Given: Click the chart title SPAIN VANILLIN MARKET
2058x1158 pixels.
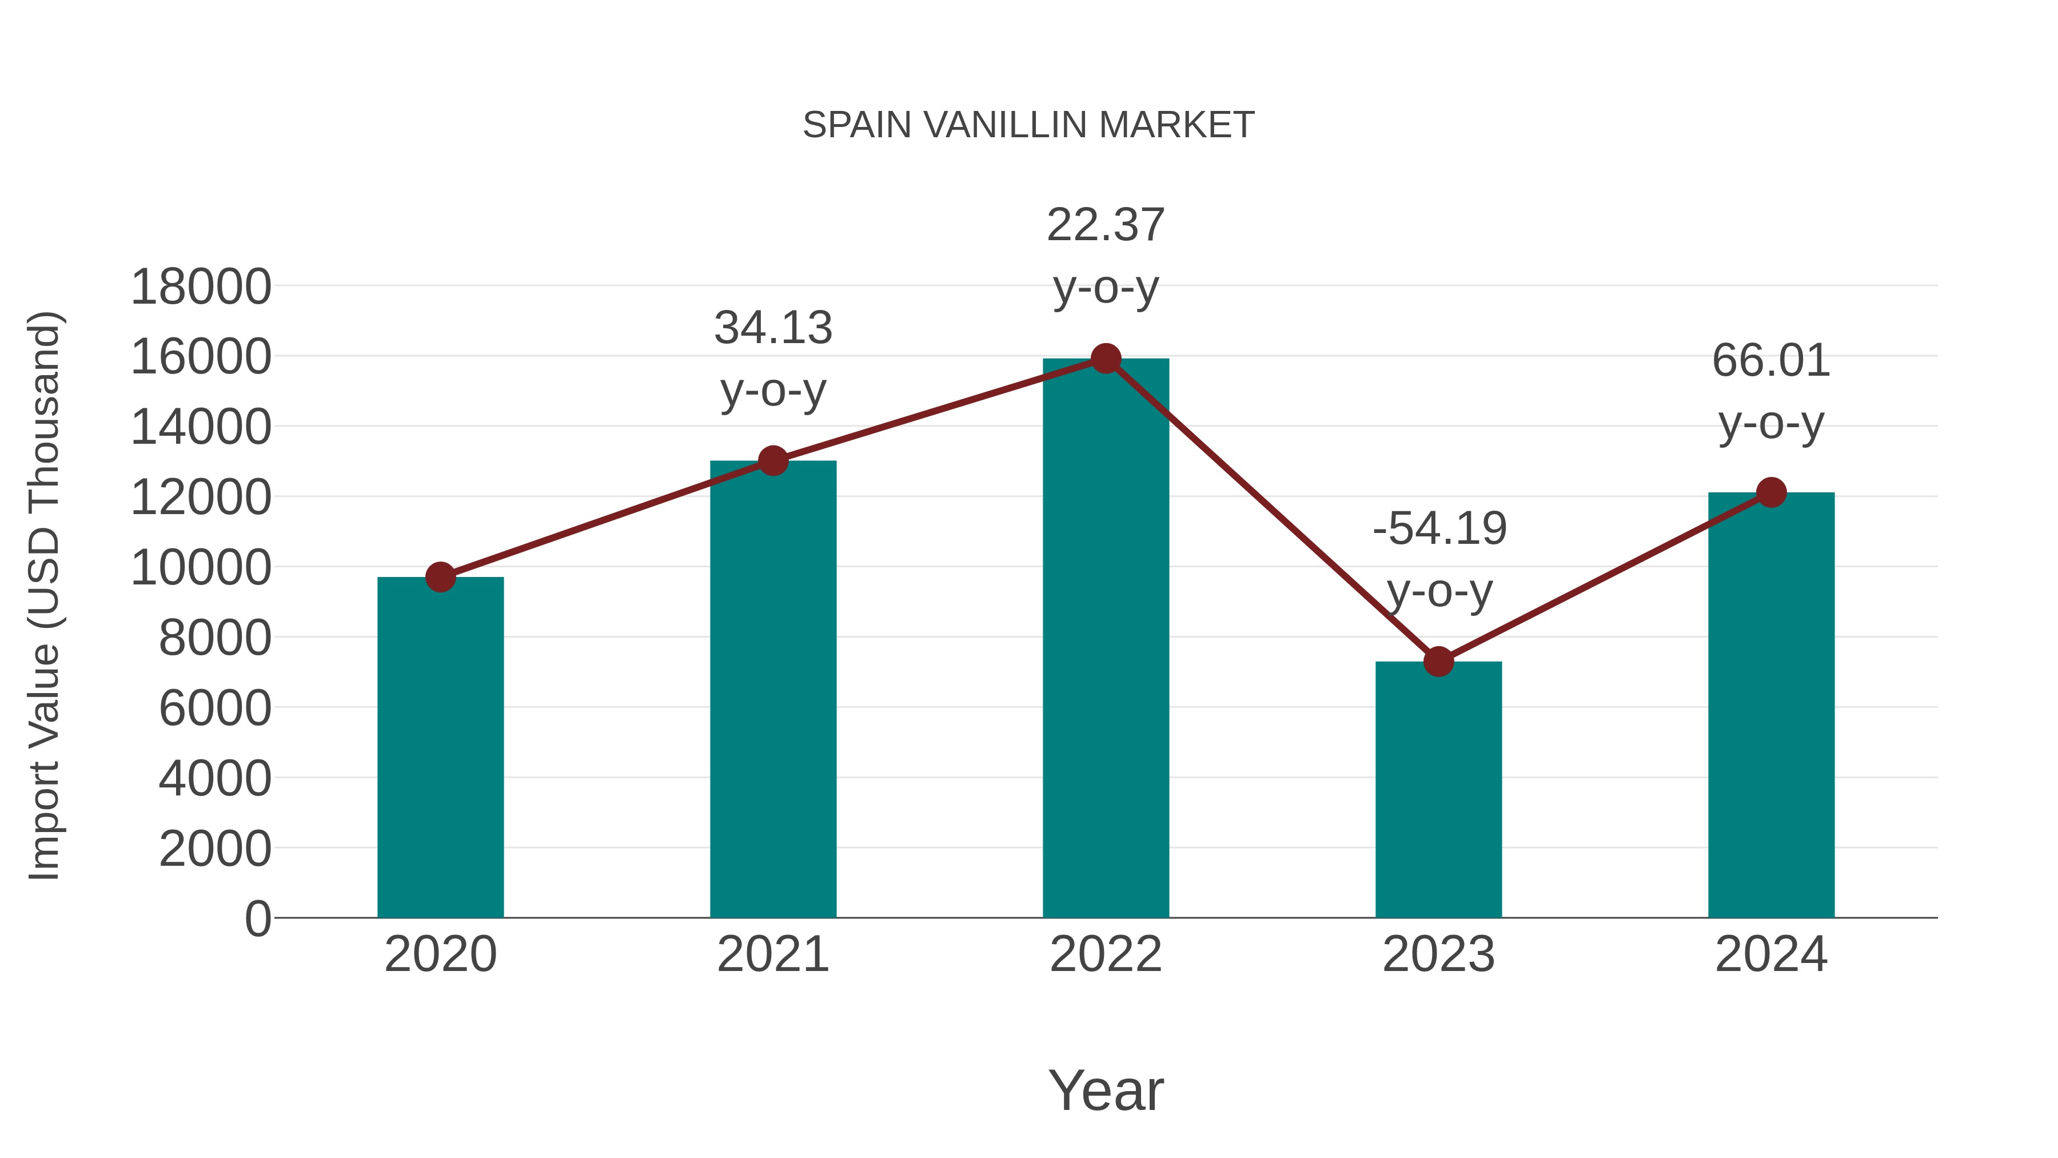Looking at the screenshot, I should pos(1028,125).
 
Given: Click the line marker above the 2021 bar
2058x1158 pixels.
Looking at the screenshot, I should pos(772,460).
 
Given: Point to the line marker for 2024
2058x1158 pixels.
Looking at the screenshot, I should pos(1771,492).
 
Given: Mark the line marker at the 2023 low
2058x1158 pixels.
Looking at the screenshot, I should pos(1438,662).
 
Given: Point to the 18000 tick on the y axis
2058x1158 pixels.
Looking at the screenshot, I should pos(201,287).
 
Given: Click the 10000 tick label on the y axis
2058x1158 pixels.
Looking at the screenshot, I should pos(201,568).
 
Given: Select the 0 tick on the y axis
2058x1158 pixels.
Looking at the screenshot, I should pos(257,919).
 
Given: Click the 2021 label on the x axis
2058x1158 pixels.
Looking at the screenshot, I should pos(772,954).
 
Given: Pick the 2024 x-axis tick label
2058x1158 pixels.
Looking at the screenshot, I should pos(1771,954).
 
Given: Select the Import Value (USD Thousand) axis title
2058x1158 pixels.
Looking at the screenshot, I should pos(45,595).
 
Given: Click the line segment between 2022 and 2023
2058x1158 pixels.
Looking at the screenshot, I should pos(1272,510).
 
